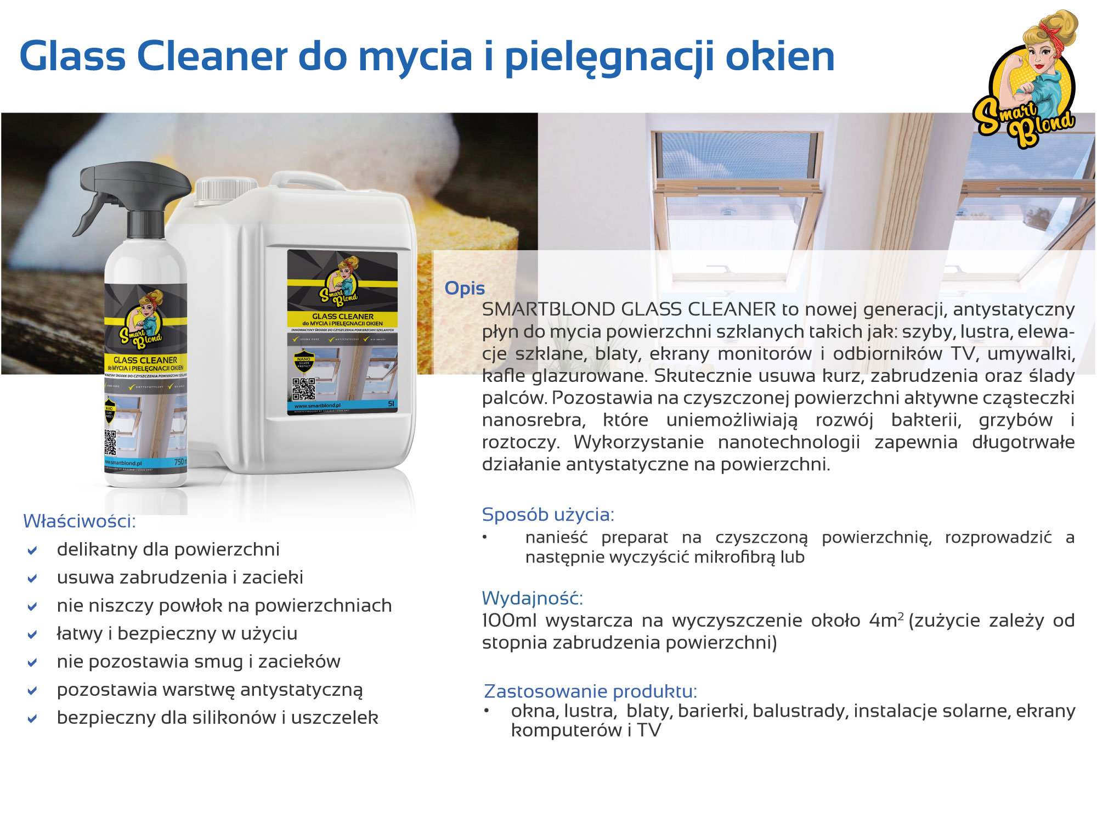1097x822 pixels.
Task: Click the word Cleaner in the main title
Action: (x=212, y=57)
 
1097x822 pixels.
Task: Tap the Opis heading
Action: (x=464, y=289)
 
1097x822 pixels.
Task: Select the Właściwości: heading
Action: (x=79, y=521)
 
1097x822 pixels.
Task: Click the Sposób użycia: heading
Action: (x=547, y=515)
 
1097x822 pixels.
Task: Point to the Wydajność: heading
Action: (x=532, y=598)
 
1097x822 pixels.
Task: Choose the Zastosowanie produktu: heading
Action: (x=590, y=691)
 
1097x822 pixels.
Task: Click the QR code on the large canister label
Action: (x=303, y=389)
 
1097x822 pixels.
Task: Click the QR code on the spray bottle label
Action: (x=110, y=442)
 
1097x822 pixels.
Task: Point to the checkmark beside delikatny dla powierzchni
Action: (x=32, y=550)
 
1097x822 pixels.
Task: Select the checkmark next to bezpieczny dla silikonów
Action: (x=32, y=719)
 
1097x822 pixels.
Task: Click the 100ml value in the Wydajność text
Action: (x=510, y=621)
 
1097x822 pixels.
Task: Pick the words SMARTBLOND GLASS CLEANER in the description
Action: (x=629, y=309)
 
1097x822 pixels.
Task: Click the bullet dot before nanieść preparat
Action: (x=484, y=537)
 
